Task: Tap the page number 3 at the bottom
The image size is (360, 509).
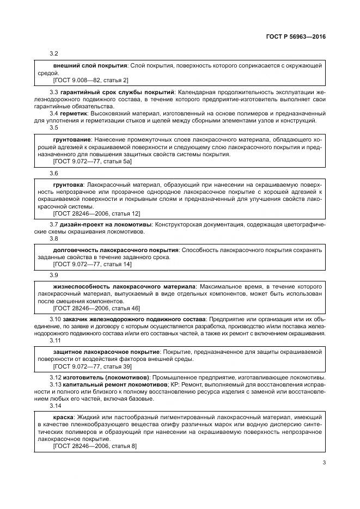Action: point(324,463)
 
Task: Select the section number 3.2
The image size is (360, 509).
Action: point(54,53)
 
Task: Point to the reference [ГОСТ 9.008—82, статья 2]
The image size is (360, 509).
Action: point(91,80)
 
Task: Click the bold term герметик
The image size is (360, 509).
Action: point(76,113)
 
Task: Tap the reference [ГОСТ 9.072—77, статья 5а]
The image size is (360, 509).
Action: point(93,162)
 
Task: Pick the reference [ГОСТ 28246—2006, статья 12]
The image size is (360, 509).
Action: point(96,213)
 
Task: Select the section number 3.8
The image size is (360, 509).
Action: point(54,238)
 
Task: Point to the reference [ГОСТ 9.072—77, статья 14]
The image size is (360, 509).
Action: point(93,265)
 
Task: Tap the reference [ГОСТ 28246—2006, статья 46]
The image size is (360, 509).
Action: point(96,308)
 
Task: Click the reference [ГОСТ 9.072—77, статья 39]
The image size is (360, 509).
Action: point(93,366)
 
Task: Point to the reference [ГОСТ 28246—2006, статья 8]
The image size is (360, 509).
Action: point(95,446)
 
